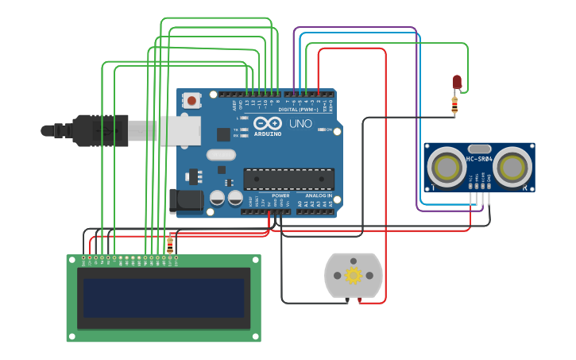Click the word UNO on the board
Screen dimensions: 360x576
point(300,124)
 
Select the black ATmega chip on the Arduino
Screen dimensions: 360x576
point(288,180)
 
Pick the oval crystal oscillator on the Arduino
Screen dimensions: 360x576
point(221,156)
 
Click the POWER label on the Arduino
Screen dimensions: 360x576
point(280,195)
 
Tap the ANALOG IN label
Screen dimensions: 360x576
point(317,195)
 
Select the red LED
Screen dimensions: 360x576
point(457,82)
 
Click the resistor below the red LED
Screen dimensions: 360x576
point(454,105)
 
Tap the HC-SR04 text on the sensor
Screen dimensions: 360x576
point(479,159)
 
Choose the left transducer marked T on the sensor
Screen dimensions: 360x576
point(446,168)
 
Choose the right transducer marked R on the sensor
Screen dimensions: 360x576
point(514,168)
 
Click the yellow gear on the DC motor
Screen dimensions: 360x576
point(354,275)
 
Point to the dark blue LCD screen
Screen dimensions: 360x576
point(164,298)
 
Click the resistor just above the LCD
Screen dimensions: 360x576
point(170,243)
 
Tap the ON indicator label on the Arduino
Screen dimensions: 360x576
point(327,129)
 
